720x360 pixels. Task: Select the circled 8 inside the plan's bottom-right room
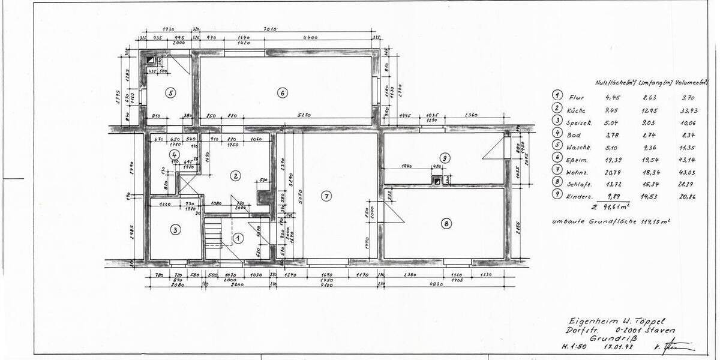tap(445, 224)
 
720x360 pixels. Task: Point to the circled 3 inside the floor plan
tap(175, 229)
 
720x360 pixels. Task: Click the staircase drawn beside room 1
tap(212, 233)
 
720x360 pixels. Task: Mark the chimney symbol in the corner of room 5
tap(150, 60)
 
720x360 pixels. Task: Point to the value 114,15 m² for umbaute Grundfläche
tap(656, 221)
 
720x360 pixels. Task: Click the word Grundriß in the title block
tap(608, 337)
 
